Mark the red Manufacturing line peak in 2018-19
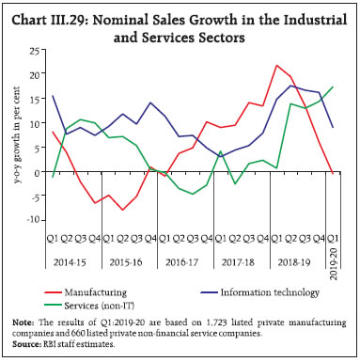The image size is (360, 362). (x=277, y=65)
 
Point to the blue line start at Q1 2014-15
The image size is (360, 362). (x=53, y=95)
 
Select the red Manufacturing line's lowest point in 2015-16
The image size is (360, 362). (x=123, y=210)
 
